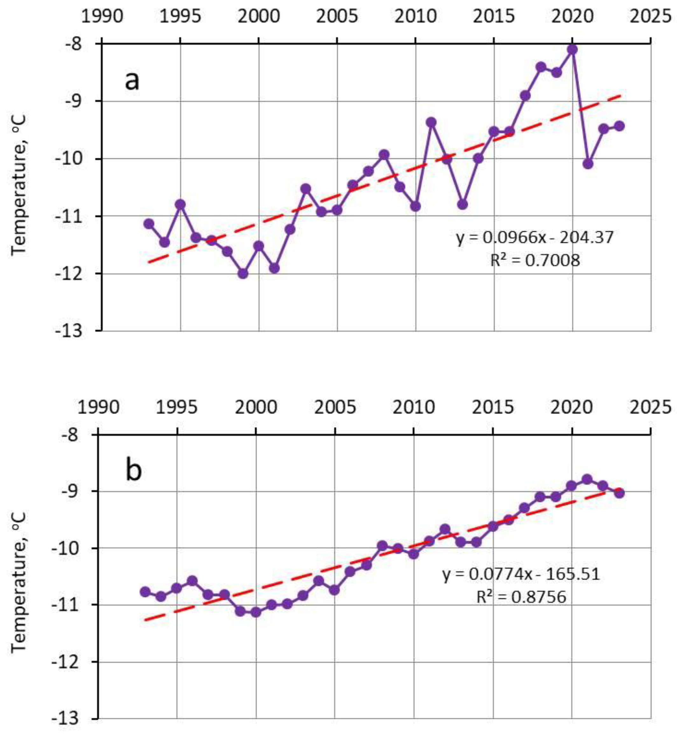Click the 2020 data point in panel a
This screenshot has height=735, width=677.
(573, 49)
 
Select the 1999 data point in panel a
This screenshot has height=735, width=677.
(243, 274)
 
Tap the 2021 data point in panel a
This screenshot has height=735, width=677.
(588, 164)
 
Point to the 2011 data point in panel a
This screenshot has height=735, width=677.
(431, 122)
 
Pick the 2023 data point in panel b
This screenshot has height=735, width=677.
(619, 493)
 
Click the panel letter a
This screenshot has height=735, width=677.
(132, 81)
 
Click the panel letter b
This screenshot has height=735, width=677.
(133, 471)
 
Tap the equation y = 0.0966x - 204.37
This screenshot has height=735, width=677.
(534, 238)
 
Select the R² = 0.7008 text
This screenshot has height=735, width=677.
(535, 261)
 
